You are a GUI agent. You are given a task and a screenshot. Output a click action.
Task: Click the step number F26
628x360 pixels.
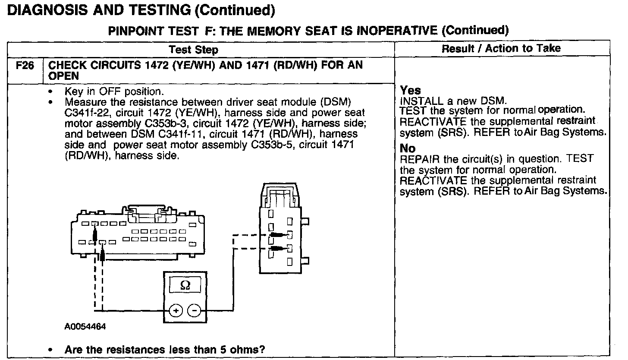[25, 66]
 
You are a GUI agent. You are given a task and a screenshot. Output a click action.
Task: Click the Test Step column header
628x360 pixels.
[193, 50]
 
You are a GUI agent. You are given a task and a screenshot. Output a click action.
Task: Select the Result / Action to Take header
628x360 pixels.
[501, 48]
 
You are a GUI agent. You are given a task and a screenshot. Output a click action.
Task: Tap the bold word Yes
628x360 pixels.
[410, 91]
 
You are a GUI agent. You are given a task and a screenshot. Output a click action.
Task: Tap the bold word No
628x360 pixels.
[408, 148]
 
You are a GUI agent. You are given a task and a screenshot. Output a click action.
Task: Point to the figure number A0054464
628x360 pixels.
[85, 326]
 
